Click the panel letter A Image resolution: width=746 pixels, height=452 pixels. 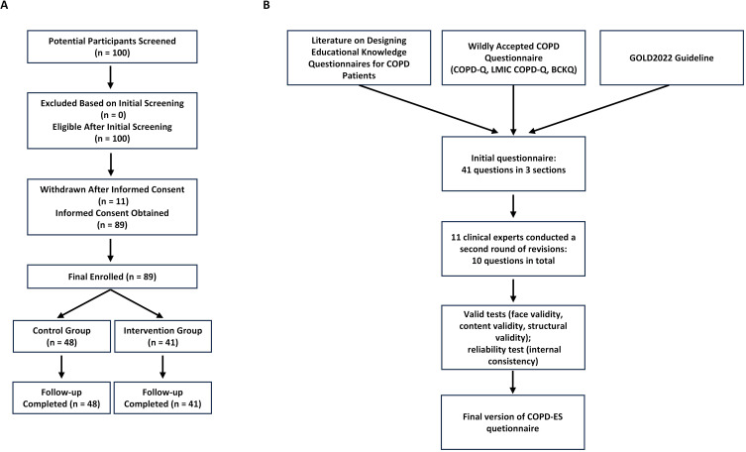[x=4, y=5]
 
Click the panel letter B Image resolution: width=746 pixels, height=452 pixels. [x=266, y=5]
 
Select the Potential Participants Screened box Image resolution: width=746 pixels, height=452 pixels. [x=112, y=47]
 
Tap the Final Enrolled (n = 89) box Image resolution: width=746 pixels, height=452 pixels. [x=112, y=277]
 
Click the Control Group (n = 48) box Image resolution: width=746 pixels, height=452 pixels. [x=61, y=336]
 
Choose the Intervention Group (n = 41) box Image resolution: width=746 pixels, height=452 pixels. [x=163, y=336]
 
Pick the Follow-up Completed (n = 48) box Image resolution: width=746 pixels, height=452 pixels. [x=61, y=397]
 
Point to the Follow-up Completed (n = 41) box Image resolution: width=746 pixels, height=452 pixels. [x=163, y=397]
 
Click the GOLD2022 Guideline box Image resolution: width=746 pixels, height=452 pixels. [x=672, y=57]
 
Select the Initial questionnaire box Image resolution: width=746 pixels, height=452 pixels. [x=513, y=164]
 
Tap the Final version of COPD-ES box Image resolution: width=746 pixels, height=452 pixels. [x=513, y=422]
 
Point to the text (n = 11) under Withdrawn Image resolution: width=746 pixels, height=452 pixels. [x=112, y=201]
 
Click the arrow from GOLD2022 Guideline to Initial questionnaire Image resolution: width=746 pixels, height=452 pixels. [x=599, y=109]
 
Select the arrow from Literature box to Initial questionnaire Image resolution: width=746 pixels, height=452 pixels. [x=428, y=109]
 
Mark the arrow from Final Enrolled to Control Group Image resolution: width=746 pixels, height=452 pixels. [x=83, y=303]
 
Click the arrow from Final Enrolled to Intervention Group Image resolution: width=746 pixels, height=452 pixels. [x=138, y=303]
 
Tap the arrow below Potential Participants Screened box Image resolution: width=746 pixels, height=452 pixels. [x=110, y=77]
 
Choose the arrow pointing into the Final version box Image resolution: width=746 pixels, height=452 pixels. [x=513, y=382]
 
